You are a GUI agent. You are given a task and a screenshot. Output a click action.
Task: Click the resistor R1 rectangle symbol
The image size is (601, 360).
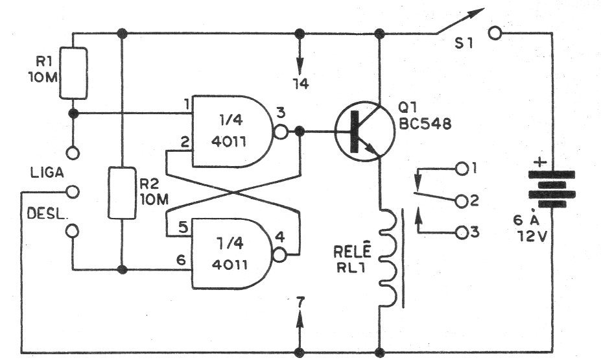73,72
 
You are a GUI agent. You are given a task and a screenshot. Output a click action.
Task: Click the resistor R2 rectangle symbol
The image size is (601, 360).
122,193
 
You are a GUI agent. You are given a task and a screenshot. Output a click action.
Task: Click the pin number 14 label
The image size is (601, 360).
301,84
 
